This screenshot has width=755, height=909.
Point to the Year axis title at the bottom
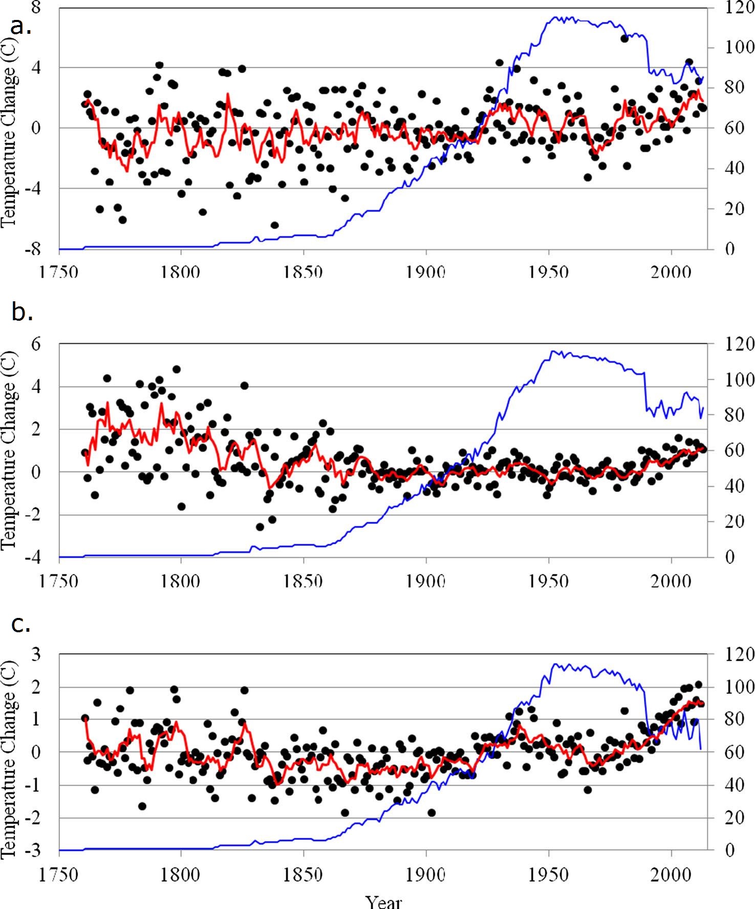tap(384, 901)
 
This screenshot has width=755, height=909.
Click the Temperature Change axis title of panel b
tap(9, 450)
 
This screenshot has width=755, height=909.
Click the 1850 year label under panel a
tap(304, 272)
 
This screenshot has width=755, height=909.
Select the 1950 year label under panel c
tap(549, 874)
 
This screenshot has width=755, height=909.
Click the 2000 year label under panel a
tap(671, 272)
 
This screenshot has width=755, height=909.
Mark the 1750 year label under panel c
tap(59, 874)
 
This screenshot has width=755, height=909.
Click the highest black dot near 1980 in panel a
tap(624, 38)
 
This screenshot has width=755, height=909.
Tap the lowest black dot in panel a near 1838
tap(275, 225)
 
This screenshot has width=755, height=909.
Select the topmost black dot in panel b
tap(177, 369)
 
